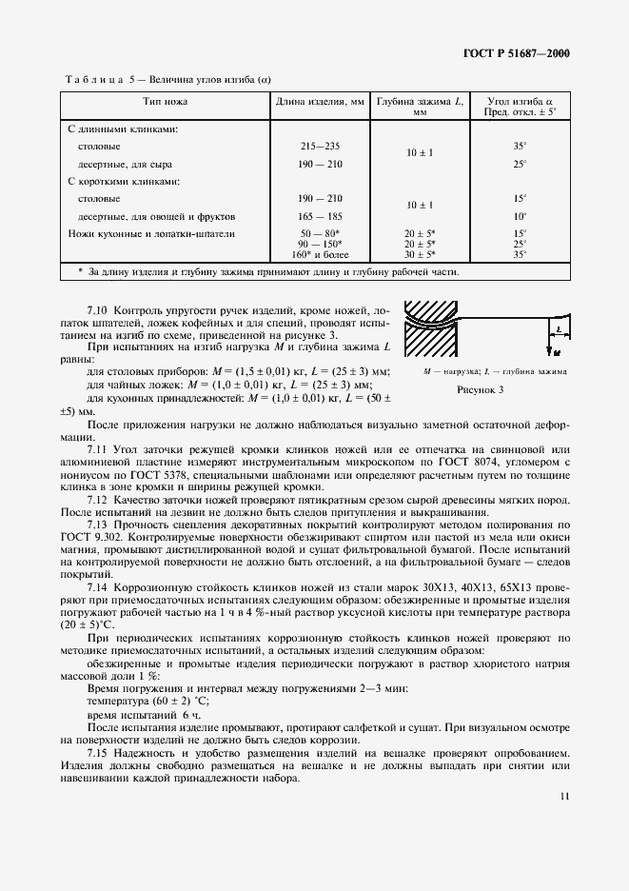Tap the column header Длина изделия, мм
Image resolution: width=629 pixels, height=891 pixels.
tap(320, 100)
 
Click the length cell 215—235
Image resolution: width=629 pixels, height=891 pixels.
tap(320, 146)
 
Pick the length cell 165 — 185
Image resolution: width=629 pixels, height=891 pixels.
tap(320, 216)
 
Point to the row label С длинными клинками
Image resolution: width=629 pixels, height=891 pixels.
tap(123, 128)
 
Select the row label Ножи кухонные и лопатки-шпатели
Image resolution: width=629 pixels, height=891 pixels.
tap(151, 233)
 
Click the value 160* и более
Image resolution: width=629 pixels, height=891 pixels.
tap(320, 254)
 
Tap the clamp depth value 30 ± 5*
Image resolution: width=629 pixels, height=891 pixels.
tap(419, 254)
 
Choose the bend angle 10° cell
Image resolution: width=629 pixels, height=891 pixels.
tap(520, 216)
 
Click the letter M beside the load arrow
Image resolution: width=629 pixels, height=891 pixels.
tap(551, 352)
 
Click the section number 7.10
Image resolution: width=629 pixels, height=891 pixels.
tap(98, 311)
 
